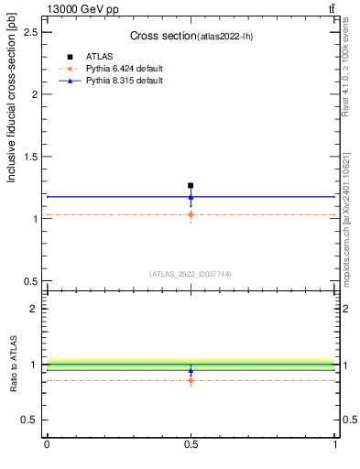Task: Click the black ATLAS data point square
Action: click(x=191, y=186)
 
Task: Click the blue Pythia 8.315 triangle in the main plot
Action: click(x=191, y=196)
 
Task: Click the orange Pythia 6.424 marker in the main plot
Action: click(x=191, y=215)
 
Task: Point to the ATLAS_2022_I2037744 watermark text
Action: click(x=191, y=273)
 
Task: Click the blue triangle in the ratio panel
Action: click(x=191, y=371)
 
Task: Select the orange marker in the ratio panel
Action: click(x=191, y=380)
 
